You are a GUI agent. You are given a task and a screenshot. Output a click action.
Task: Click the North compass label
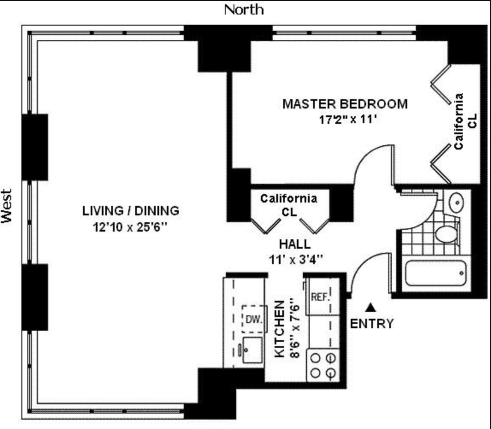(244, 9)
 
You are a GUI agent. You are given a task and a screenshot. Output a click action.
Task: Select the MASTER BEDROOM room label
(345, 104)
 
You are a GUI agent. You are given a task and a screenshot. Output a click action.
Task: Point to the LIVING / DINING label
(130, 211)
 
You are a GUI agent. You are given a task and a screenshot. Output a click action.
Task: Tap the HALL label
(295, 244)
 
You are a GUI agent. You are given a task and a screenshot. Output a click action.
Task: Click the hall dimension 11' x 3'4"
(295, 259)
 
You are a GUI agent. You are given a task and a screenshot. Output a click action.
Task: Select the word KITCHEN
(279, 329)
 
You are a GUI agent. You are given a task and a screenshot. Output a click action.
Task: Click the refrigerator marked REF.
(319, 297)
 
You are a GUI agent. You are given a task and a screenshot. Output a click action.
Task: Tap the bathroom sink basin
(456, 201)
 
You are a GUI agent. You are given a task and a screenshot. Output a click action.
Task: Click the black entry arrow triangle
(372, 307)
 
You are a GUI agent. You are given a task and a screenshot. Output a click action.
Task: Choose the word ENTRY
(371, 324)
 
